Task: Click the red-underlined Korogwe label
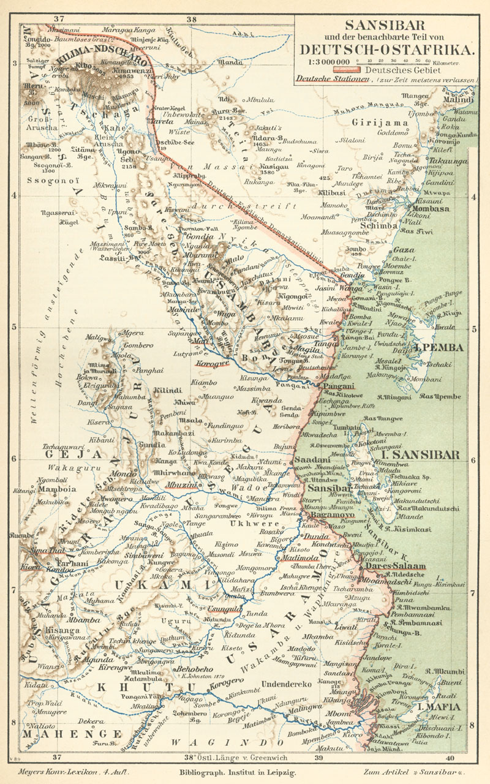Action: pyautogui.click(x=211, y=363)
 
